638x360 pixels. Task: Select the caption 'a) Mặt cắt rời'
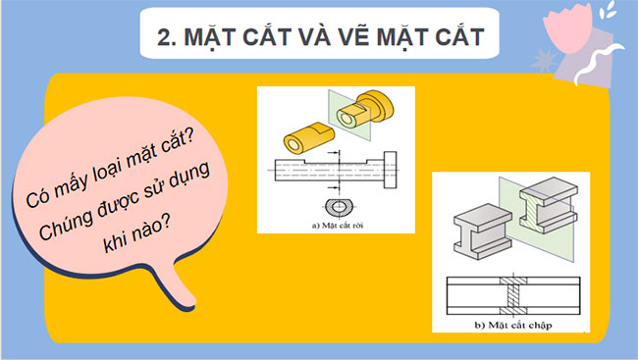(336, 224)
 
